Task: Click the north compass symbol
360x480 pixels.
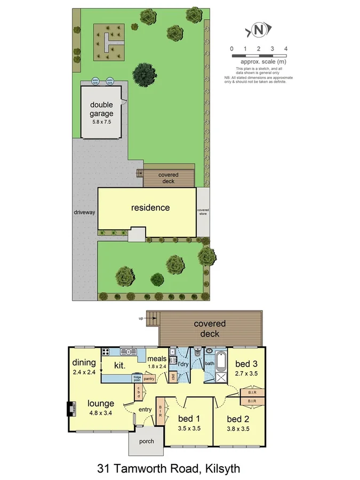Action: pos(259,30)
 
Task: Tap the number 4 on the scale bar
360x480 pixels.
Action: pos(286,49)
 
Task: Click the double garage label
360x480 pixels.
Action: pos(101,109)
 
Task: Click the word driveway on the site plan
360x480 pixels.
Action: pos(84,212)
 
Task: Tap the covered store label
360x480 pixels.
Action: pos(203,212)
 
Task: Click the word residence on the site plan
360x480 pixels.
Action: pos(150,207)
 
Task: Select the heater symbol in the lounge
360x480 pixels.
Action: pos(70,409)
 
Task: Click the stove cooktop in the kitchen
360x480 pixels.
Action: pos(106,351)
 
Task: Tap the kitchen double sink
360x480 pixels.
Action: pos(128,351)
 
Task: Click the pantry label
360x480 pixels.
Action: pos(149,379)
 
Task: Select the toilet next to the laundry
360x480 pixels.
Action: pos(197,351)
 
